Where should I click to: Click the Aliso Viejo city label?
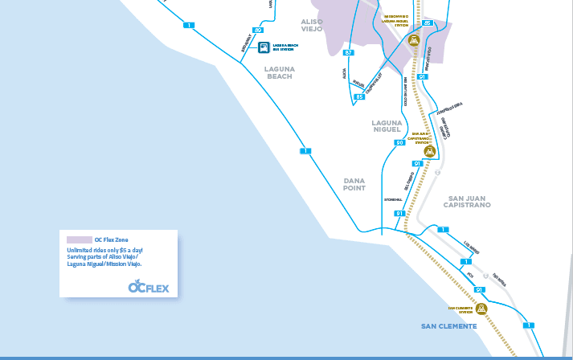click(x=311, y=24)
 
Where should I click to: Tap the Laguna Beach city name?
click(x=280, y=72)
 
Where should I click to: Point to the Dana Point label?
click(x=354, y=184)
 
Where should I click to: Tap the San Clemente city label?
click(x=449, y=326)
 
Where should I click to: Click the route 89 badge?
click(x=258, y=30)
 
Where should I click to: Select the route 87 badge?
click(x=349, y=52)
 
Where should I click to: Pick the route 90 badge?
click(x=399, y=142)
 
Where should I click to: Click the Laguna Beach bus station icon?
click(x=262, y=47)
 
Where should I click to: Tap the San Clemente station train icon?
click(x=481, y=309)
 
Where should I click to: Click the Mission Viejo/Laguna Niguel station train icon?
click(x=414, y=39)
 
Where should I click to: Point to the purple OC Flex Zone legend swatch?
click(x=79, y=239)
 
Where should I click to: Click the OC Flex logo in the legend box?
click(x=148, y=287)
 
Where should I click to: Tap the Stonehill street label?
click(x=392, y=198)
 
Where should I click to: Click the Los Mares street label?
click(x=472, y=244)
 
